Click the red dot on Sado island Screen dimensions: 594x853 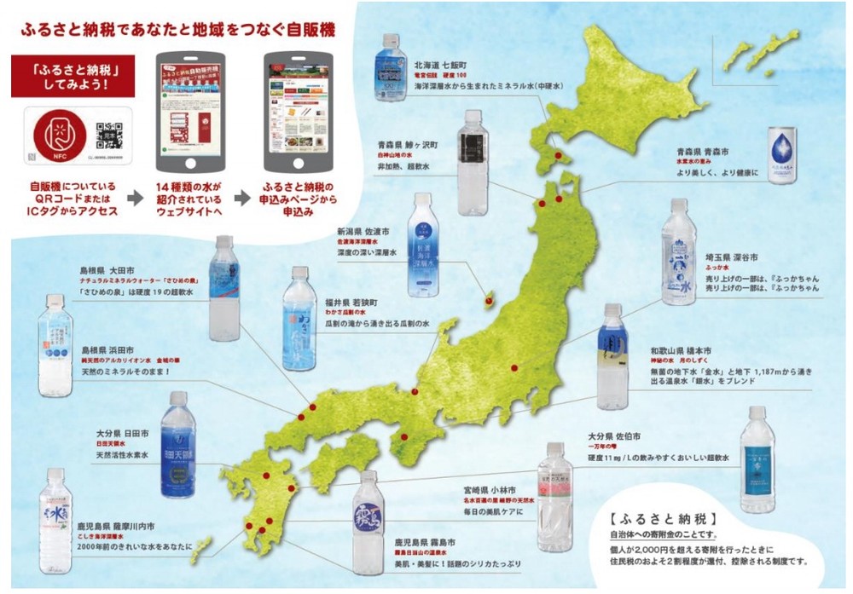click(489, 298)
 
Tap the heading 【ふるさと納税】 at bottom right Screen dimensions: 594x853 click(663, 517)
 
